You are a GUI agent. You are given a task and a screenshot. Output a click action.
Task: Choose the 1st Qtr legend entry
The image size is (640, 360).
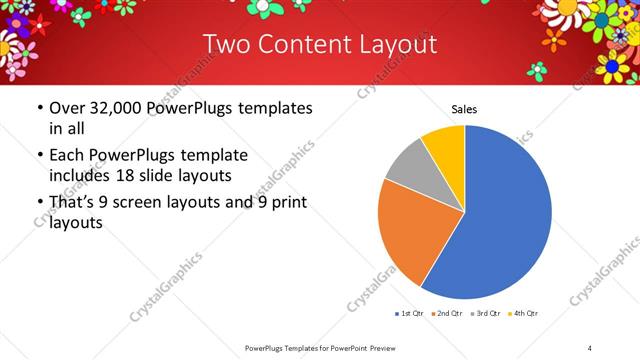(x=410, y=314)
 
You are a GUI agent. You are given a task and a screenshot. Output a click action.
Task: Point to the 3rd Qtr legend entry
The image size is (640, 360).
(x=488, y=314)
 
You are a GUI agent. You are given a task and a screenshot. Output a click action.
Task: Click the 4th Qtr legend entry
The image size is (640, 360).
(x=525, y=314)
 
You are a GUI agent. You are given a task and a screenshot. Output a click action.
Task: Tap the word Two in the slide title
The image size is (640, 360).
(x=226, y=45)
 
